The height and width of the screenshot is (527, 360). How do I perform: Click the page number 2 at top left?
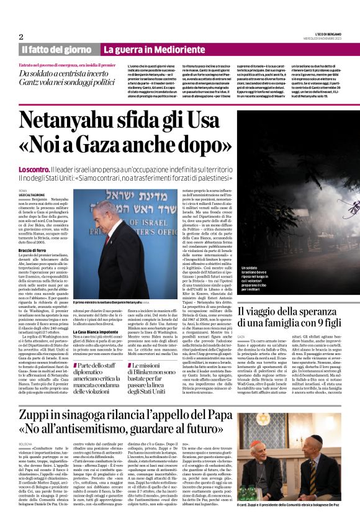pyautogui.click(x=20, y=37)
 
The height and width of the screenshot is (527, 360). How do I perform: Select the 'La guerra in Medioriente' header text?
pyautogui.click(x=148, y=49)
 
